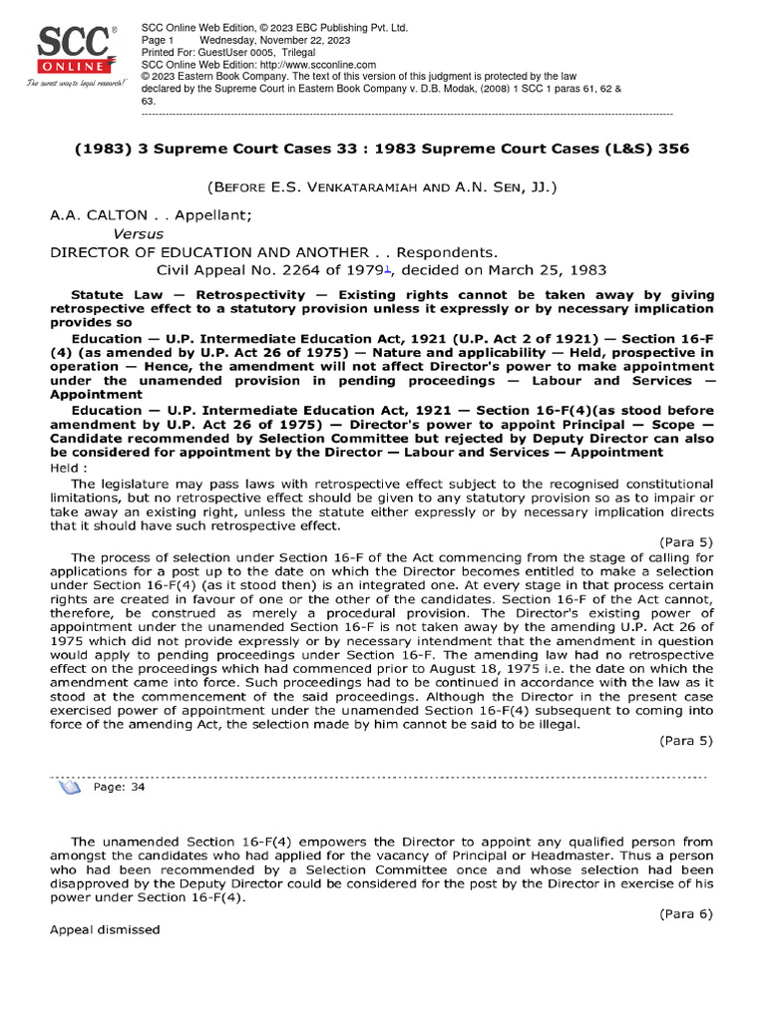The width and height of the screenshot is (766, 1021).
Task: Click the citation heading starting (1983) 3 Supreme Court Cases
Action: coord(382,149)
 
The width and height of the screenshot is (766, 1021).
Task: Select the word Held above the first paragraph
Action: coord(66,467)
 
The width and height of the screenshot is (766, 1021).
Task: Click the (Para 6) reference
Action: coord(686,911)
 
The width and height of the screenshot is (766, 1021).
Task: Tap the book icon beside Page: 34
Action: coord(70,787)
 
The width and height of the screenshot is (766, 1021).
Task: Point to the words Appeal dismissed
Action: coord(105,929)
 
